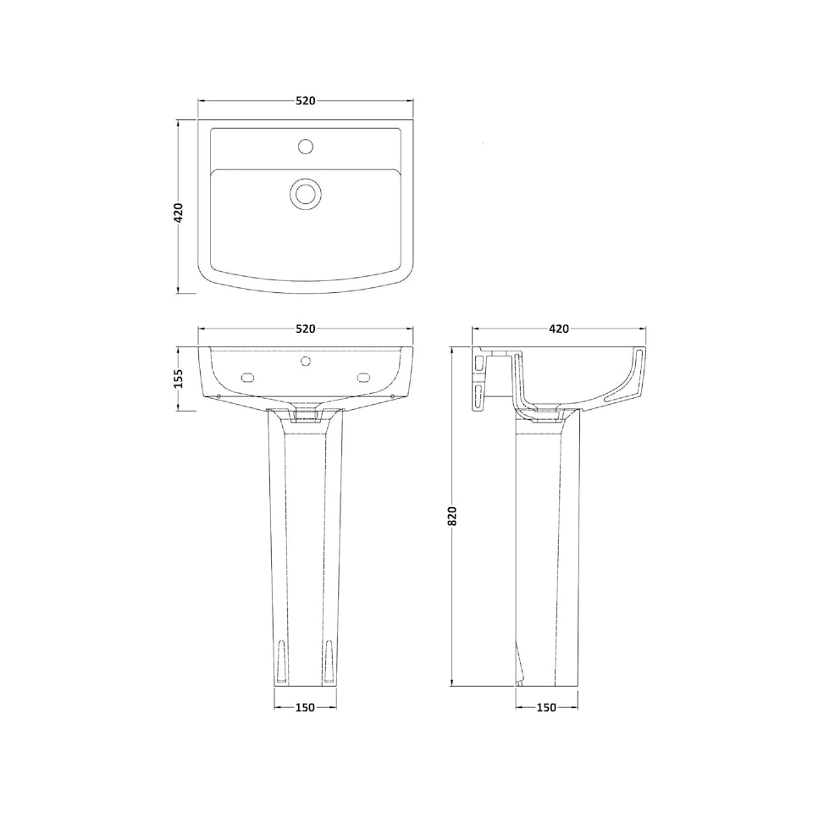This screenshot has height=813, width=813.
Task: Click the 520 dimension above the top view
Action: pyautogui.click(x=306, y=101)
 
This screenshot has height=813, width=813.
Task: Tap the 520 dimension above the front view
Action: pyautogui.click(x=306, y=329)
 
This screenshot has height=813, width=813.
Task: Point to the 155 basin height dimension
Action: pyautogui.click(x=179, y=378)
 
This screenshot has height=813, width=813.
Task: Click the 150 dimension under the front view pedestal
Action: pyautogui.click(x=305, y=707)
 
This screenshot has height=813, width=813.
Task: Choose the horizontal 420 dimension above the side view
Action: pyautogui.click(x=558, y=329)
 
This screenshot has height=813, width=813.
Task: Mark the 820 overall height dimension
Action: pyautogui.click(x=452, y=516)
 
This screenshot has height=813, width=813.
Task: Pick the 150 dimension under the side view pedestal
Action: pyautogui.click(x=546, y=707)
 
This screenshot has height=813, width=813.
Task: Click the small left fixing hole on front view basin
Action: pyautogui.click(x=218, y=394)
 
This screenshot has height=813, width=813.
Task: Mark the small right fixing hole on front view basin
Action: pyautogui.click(x=394, y=394)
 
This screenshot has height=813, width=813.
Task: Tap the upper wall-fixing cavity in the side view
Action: pyautogui.click(x=481, y=364)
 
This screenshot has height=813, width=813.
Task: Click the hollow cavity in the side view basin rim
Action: pyautogui.click(x=625, y=381)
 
